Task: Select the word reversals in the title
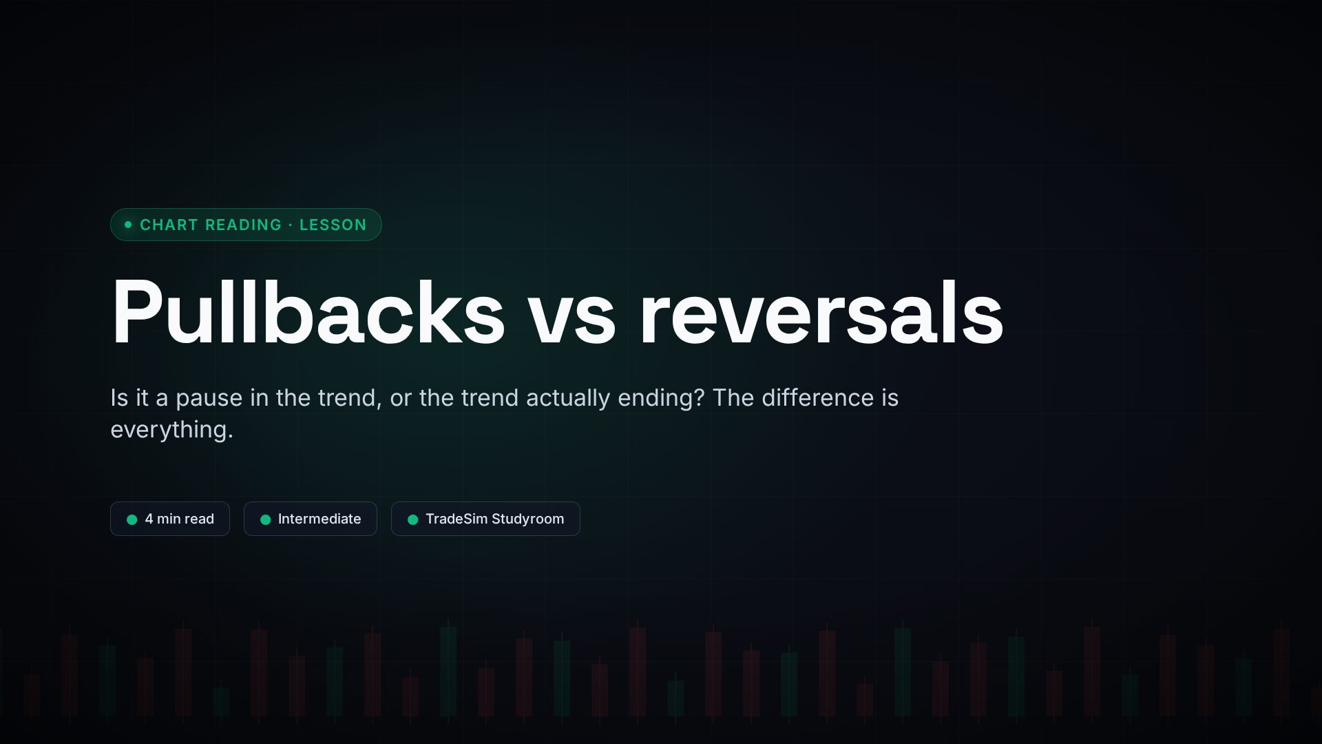(821, 312)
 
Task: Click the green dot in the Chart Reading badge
(128, 225)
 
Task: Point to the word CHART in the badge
(169, 225)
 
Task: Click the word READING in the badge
(244, 225)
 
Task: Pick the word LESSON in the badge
(333, 225)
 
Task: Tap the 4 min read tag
(170, 519)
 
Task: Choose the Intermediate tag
(311, 519)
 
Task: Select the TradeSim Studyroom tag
(485, 519)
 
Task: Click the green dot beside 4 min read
(132, 519)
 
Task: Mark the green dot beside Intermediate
(266, 519)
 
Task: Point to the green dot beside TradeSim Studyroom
(413, 519)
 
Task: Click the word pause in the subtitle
(209, 399)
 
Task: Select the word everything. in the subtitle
(171, 431)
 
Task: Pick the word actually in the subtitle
(568, 399)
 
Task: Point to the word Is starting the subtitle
(119, 397)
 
